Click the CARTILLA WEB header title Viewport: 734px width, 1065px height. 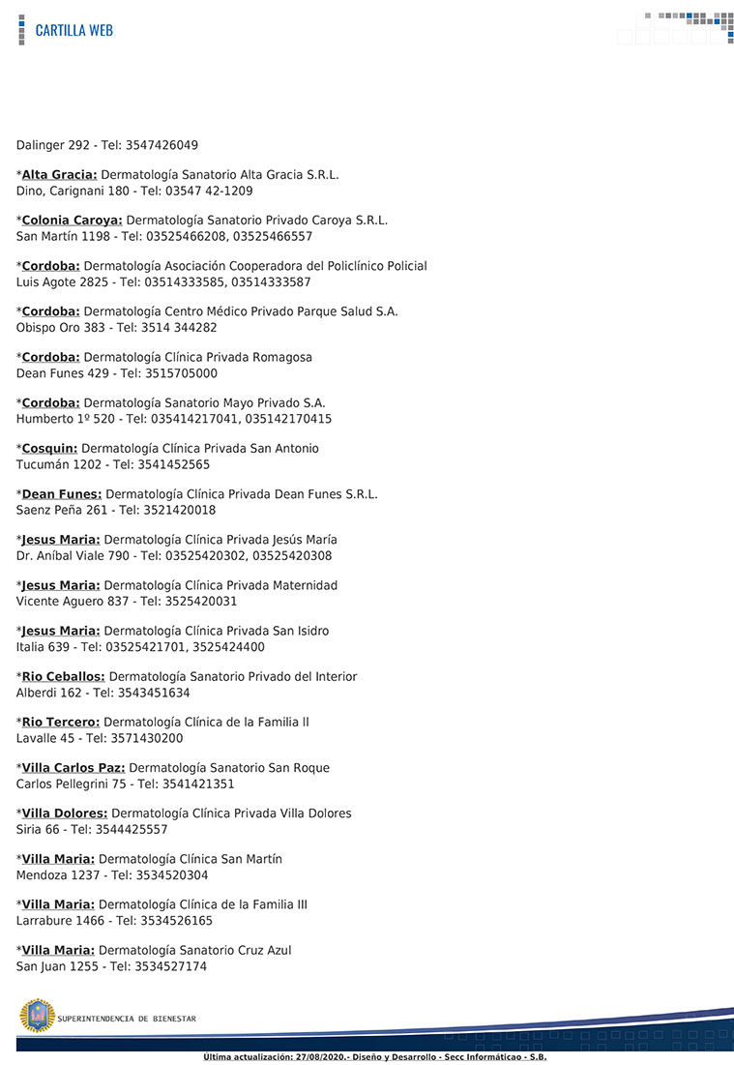click(73, 30)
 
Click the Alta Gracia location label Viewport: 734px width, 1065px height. click(59, 175)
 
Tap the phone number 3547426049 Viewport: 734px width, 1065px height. click(161, 145)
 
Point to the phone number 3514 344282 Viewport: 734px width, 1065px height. click(180, 328)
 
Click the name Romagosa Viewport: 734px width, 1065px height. click(280, 358)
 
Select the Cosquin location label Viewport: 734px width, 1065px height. click(49, 449)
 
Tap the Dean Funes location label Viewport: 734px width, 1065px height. click(61, 494)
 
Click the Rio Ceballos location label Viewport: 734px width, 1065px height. click(63, 677)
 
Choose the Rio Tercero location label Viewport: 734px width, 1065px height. click(60, 723)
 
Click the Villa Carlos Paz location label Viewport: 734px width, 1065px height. click(73, 768)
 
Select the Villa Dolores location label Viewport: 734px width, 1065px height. click(65, 814)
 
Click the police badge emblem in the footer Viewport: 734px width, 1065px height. click(37, 1016)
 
